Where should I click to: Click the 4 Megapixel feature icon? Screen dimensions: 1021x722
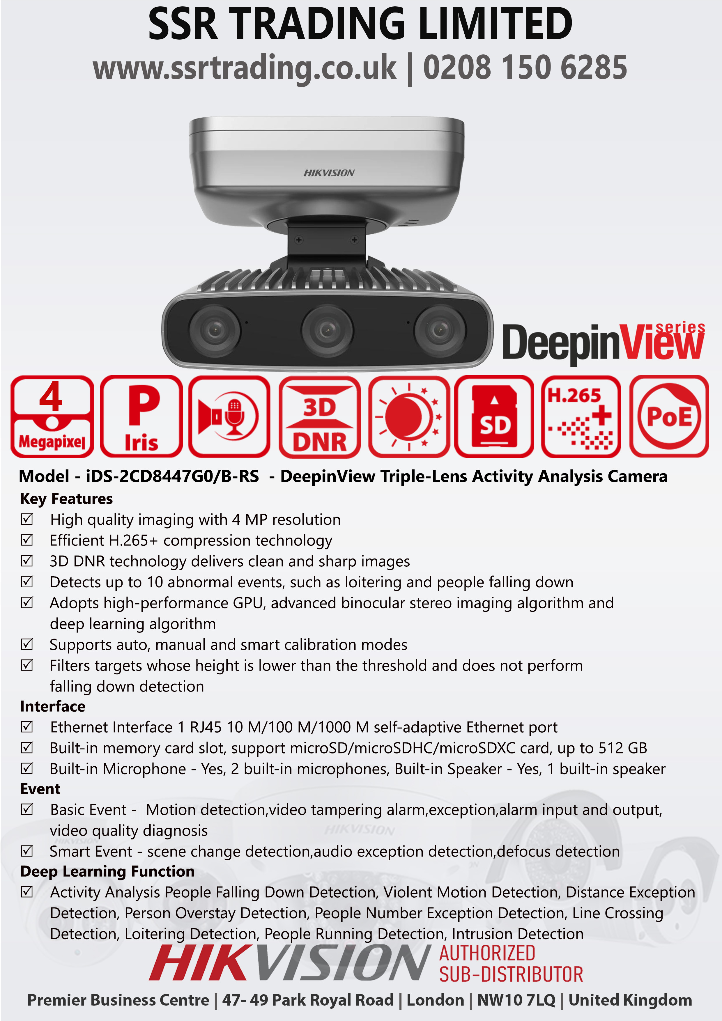[52, 416]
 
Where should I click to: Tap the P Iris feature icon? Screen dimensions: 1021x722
[141, 416]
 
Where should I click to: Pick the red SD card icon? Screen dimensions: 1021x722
[494, 416]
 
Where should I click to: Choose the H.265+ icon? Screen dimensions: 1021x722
[581, 416]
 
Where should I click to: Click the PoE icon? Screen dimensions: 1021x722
[669, 416]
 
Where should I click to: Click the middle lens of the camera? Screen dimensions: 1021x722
[328, 330]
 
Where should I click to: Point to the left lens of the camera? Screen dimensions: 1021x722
[215, 330]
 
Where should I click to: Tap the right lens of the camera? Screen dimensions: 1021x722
[440, 330]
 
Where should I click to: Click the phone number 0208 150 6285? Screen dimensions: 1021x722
[525, 68]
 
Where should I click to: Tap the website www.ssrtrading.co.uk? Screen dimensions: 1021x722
[244, 68]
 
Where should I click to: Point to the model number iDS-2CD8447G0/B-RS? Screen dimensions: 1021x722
[172, 476]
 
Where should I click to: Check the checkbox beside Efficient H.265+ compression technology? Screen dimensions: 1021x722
[27, 540]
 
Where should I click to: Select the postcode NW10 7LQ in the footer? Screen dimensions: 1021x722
[516, 1000]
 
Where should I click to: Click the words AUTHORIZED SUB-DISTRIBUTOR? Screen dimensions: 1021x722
[511, 964]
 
